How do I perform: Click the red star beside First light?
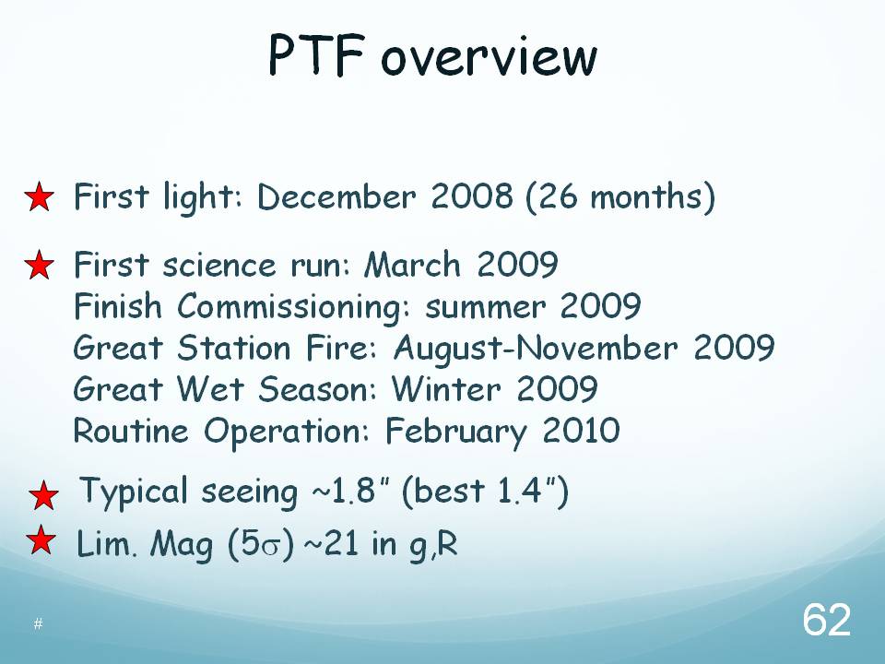(40, 197)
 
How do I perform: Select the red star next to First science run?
(40, 265)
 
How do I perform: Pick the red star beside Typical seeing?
(43, 496)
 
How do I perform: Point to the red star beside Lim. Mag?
(41, 539)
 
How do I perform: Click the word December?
(336, 196)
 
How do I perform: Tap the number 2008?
(472, 196)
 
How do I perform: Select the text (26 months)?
(620, 197)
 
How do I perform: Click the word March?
(413, 265)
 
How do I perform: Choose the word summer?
(486, 308)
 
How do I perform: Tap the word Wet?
(210, 389)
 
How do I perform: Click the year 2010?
(581, 431)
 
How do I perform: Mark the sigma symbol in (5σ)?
(270, 548)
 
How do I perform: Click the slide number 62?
(826, 620)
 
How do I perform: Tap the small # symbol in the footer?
(38, 623)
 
